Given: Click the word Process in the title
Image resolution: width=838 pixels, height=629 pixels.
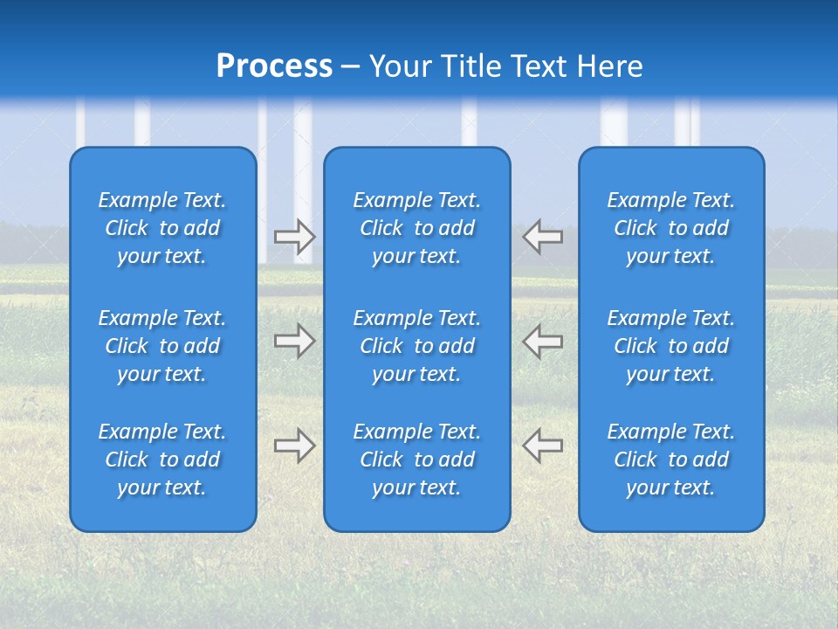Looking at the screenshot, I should [x=274, y=66].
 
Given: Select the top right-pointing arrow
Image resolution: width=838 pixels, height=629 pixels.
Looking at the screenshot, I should [x=294, y=237].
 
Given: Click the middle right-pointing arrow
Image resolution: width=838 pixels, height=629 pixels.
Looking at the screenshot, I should [x=294, y=341].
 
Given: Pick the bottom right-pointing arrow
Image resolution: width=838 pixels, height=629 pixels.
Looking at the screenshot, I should [x=294, y=446].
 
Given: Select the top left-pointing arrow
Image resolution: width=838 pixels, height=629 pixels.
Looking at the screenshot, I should [x=543, y=237].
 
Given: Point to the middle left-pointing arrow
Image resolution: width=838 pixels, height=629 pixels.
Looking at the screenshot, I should [x=543, y=341].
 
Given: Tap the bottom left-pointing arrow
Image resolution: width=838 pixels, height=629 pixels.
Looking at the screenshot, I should [x=543, y=446].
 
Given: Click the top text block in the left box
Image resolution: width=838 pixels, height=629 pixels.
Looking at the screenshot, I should [x=162, y=228].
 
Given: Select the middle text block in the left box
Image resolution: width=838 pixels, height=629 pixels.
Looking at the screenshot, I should [x=162, y=346].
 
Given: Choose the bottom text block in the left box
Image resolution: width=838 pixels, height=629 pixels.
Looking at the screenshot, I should [x=162, y=460].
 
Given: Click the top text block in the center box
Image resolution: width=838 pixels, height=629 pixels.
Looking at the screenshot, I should [x=416, y=228].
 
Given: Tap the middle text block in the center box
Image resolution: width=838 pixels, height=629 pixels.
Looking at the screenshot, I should [x=416, y=346].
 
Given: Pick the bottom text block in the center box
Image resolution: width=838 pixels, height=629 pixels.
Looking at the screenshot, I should [x=416, y=460].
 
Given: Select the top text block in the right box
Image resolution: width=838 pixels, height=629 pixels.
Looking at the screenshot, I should [x=670, y=228].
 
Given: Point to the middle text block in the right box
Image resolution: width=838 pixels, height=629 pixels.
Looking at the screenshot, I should [x=670, y=346].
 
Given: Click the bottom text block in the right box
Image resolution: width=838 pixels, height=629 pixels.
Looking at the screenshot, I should [x=670, y=460].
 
